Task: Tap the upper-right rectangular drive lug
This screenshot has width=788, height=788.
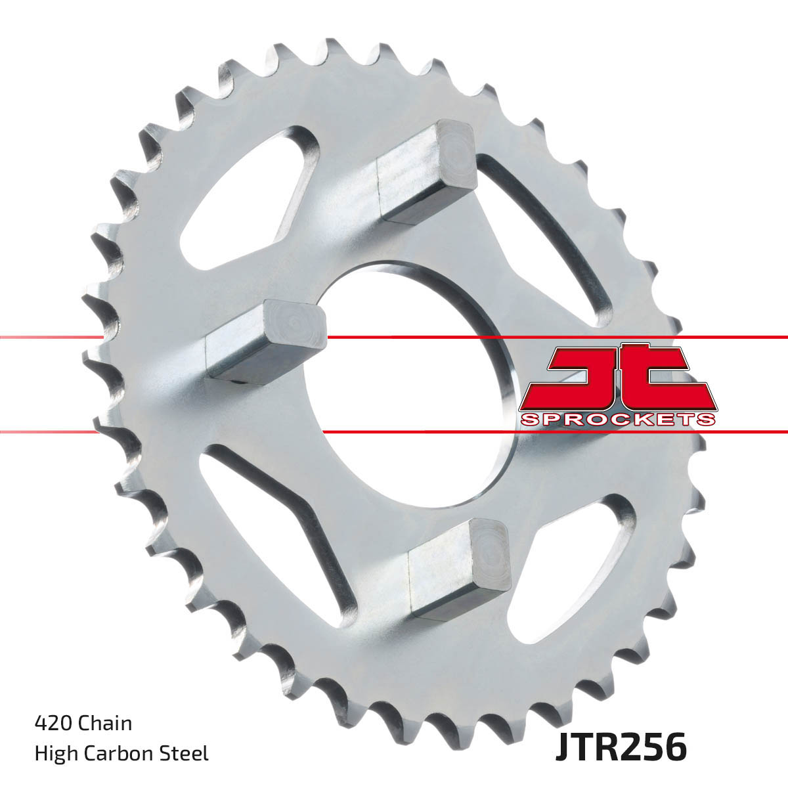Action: (x=427, y=172)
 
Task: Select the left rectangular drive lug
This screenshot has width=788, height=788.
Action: (x=266, y=341)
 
